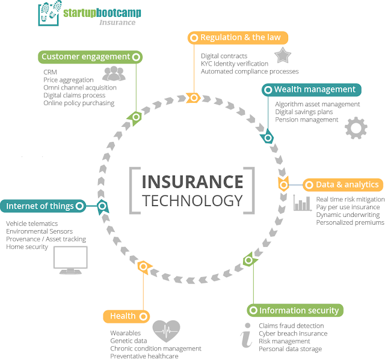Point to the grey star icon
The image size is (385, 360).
[x=283, y=56]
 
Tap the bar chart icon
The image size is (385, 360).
[x=302, y=203]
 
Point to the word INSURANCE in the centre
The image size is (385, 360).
[x=192, y=181]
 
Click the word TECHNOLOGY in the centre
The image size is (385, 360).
[x=192, y=200]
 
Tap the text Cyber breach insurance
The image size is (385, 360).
[x=293, y=334]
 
